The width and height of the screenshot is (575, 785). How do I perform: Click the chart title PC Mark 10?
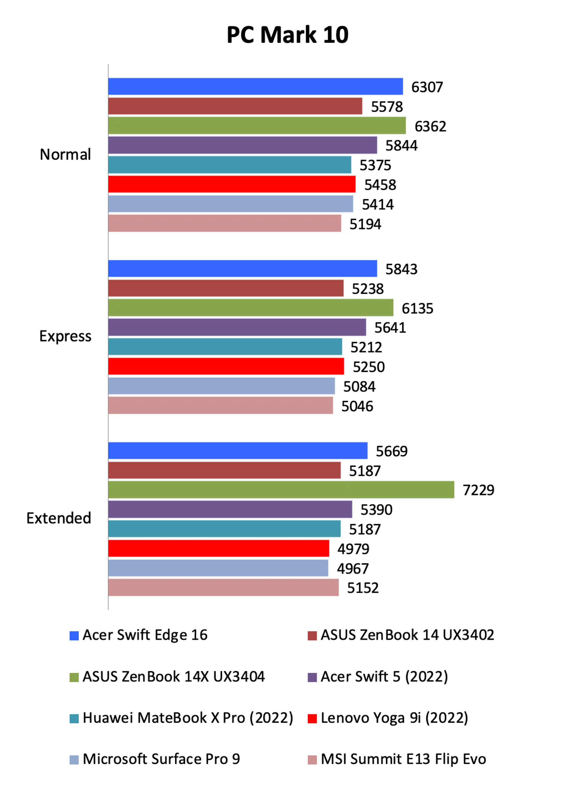[x=287, y=35]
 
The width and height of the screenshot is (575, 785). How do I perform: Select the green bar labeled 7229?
[x=281, y=490]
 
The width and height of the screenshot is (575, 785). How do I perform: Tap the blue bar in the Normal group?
[x=255, y=87]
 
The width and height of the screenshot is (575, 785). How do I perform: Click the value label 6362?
[x=430, y=126]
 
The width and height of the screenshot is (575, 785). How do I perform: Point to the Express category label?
[x=65, y=336]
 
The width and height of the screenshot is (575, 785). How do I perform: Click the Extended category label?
[x=59, y=518]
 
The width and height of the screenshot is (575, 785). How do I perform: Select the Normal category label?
[x=65, y=154]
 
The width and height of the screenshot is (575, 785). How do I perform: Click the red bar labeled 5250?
[x=226, y=367]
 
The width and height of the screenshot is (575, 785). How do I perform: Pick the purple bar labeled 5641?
[x=237, y=328]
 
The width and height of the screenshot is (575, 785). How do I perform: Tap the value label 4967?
[x=352, y=568]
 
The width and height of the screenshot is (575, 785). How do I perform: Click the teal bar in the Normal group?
[x=230, y=165]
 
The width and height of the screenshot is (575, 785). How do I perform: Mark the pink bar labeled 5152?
[x=223, y=588]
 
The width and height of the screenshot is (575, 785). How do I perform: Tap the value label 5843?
[x=401, y=269]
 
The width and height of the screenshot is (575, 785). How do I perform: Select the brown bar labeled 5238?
[x=226, y=288]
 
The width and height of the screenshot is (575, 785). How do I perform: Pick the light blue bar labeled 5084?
[x=221, y=386]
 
